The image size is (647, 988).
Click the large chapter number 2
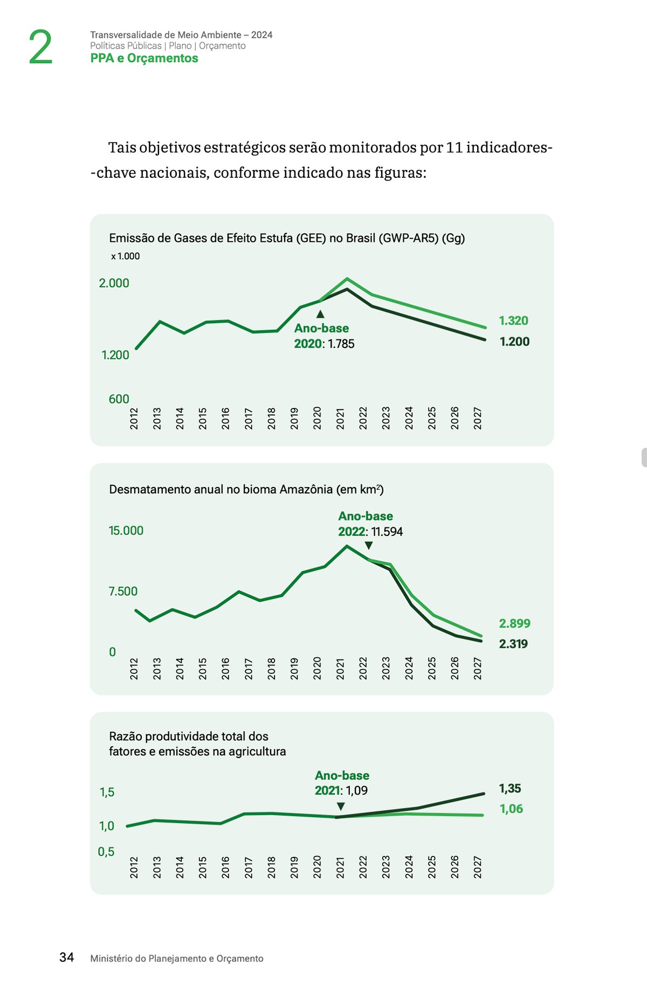pos(40,47)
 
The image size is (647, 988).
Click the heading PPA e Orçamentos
pos(144,58)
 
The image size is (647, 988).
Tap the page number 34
pos(67,957)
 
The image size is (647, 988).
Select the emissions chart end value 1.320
pos(513,321)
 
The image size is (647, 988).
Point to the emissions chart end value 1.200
pos(514,342)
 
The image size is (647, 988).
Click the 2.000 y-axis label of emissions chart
pos(114,283)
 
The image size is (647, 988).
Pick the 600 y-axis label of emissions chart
pos(119,399)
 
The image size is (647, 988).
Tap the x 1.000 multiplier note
pos(125,256)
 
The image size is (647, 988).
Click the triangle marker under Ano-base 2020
pos(320,314)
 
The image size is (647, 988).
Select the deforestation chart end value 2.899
pos(514,623)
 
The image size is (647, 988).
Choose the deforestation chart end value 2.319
pos(513,644)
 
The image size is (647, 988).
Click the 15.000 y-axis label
pos(126,531)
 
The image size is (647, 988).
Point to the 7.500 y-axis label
pos(123,592)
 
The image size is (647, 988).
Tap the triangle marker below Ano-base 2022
pos(369,546)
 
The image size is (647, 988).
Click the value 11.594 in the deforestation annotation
pos(387,532)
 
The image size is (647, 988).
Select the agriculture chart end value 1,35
pos(510,789)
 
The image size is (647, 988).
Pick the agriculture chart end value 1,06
pos(511,809)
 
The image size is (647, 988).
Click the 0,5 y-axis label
pos(106,852)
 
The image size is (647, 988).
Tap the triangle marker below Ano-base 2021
pos(341,806)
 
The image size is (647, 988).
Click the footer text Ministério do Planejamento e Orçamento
pos(177,958)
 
